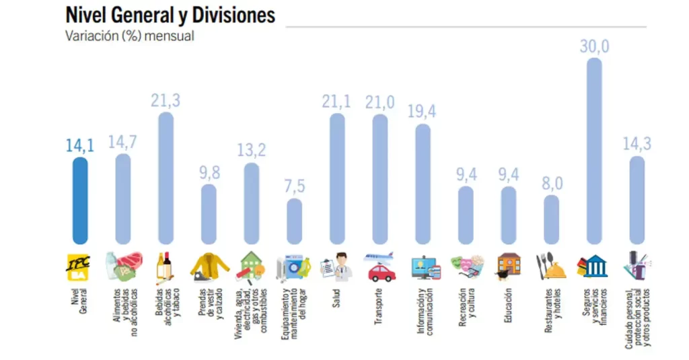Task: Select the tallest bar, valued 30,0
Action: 594,151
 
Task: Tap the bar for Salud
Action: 337,178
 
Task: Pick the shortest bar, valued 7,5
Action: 295,221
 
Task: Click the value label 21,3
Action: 165,101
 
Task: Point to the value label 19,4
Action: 422,112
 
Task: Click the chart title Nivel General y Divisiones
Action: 170,15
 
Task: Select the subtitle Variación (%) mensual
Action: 129,36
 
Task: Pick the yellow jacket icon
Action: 208,266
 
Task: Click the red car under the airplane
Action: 382,272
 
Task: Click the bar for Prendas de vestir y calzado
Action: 209,215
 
